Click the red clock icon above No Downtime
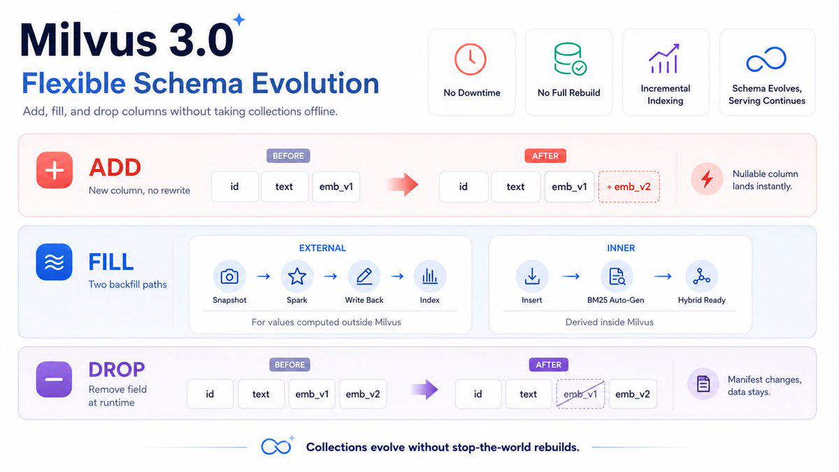click(x=471, y=59)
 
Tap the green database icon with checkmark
click(x=570, y=59)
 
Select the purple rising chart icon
click(x=664, y=59)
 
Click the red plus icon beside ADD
click(x=55, y=170)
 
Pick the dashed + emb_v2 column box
click(x=629, y=187)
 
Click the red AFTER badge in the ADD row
click(x=545, y=156)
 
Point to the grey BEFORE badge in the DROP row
click(x=289, y=364)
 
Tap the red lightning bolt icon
click(x=707, y=179)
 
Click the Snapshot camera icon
click(x=229, y=276)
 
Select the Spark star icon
click(x=297, y=276)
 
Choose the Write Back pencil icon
click(x=364, y=276)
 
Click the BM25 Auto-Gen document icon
click(x=617, y=276)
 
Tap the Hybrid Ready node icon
click(x=701, y=276)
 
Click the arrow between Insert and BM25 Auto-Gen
click(x=571, y=276)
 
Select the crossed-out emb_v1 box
click(x=580, y=394)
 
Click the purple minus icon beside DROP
click(x=54, y=379)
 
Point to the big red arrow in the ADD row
click(x=402, y=185)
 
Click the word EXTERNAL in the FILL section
click(x=322, y=248)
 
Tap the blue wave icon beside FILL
click(x=54, y=262)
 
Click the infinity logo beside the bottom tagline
click(x=276, y=447)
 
